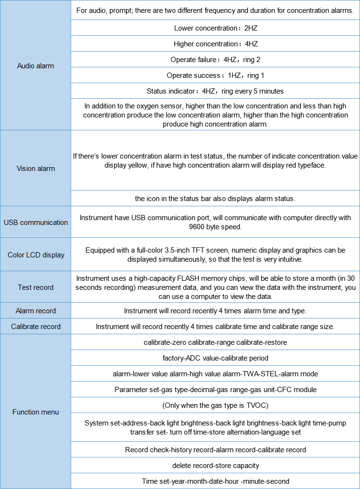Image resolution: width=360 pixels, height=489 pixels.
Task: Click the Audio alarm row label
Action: (35, 66)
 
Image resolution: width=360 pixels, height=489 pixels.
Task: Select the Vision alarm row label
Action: (36, 168)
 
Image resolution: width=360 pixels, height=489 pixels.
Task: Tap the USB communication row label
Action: (36, 222)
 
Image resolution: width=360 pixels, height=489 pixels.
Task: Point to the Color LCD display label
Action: (36, 255)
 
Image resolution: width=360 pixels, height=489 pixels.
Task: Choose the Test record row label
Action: (36, 287)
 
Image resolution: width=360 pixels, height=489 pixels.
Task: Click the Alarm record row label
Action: (36, 311)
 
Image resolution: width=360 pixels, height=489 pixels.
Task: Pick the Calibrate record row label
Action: (36, 327)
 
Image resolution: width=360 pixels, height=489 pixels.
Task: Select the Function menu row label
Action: (36, 412)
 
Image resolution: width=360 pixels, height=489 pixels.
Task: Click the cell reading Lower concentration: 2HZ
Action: (215, 28)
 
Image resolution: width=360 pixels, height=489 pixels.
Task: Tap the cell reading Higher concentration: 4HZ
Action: (215, 44)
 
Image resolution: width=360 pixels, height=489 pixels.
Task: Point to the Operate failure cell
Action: (215, 60)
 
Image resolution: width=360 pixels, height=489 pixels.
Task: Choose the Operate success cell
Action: (215, 75)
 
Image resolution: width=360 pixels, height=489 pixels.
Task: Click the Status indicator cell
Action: (215, 91)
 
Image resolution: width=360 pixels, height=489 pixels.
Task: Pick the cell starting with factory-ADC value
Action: (215, 358)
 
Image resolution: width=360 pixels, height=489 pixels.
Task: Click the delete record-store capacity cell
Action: (215, 466)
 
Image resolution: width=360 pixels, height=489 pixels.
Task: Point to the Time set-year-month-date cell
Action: (215, 481)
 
